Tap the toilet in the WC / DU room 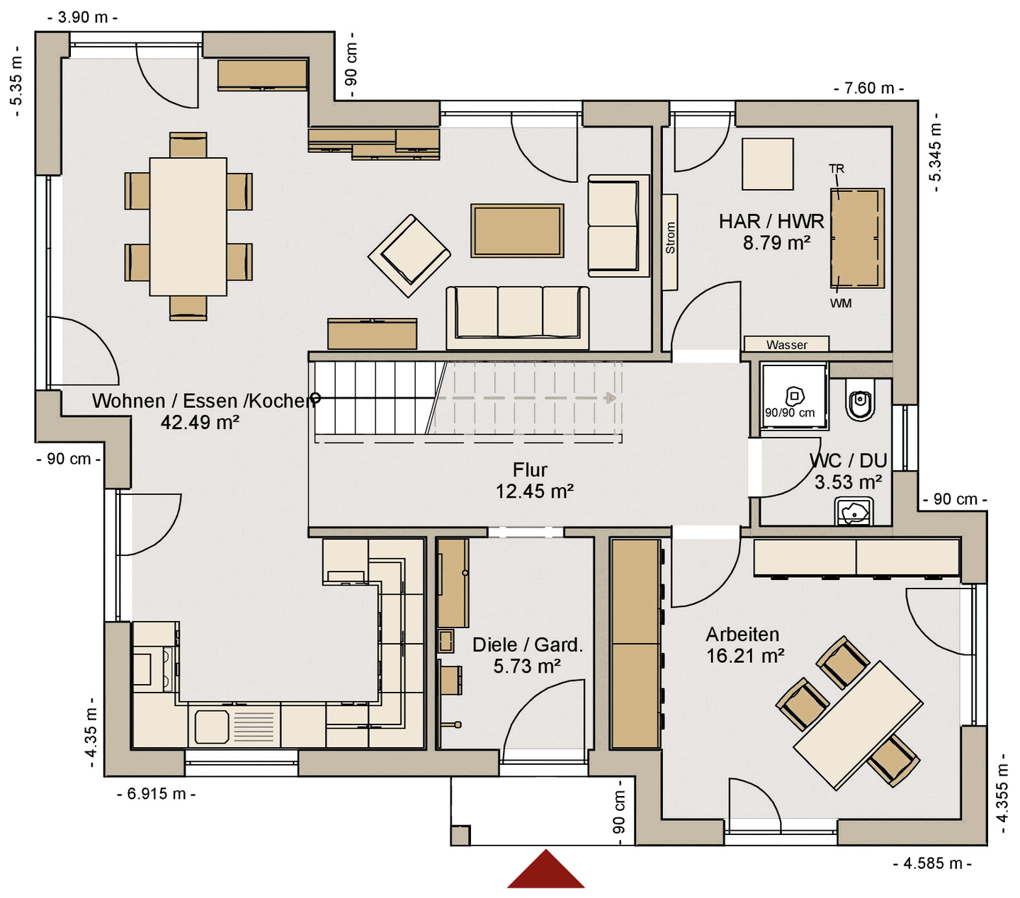tap(861, 400)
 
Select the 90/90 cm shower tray tap(794, 396)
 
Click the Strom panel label tap(670, 238)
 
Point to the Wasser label tap(786, 345)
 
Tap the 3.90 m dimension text tap(83, 17)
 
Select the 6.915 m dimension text tap(157, 794)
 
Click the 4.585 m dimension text tap(932, 864)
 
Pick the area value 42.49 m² tap(200, 422)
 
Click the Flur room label tap(530, 470)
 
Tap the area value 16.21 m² tap(745, 656)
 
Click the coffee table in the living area tap(517, 231)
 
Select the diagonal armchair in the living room tap(409, 256)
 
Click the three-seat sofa tap(518, 317)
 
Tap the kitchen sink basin tap(212, 727)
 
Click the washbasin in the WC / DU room tap(854, 511)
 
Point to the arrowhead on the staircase tap(610, 398)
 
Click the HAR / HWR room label tap(771, 222)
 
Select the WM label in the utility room tap(841, 303)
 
